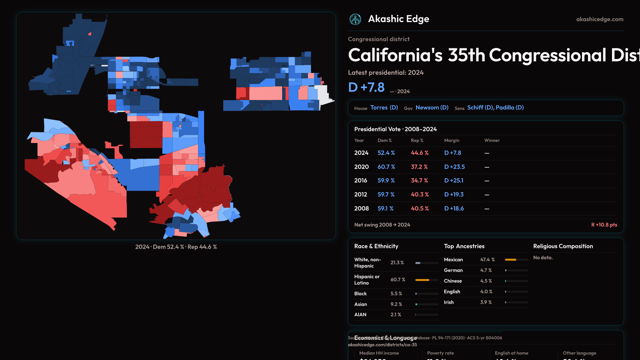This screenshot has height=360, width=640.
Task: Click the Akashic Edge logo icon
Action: [355, 19]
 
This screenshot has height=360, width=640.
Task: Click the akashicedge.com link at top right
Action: [599, 19]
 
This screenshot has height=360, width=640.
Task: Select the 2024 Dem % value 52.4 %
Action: [386, 153]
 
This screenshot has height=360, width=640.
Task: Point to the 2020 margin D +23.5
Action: [454, 167]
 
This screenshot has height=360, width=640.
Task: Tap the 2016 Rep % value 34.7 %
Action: [419, 181]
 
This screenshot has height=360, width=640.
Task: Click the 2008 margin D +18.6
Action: [454, 209]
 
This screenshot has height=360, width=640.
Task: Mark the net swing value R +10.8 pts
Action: [604, 225]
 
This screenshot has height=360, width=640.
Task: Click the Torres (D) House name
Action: [384, 108]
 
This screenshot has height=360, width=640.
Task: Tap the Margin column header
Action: [452, 141]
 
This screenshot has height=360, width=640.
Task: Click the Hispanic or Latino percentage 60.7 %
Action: [398, 280]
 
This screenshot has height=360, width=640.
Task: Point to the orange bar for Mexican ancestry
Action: [511, 260]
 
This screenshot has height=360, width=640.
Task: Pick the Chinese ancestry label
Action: [453, 281]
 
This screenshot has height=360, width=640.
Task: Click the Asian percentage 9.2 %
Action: [396, 304]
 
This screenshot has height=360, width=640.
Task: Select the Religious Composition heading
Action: [563, 246]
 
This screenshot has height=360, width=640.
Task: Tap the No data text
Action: [543, 258]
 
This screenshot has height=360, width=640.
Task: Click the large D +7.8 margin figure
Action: [366, 87]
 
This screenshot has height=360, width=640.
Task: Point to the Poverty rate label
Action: [440, 353]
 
